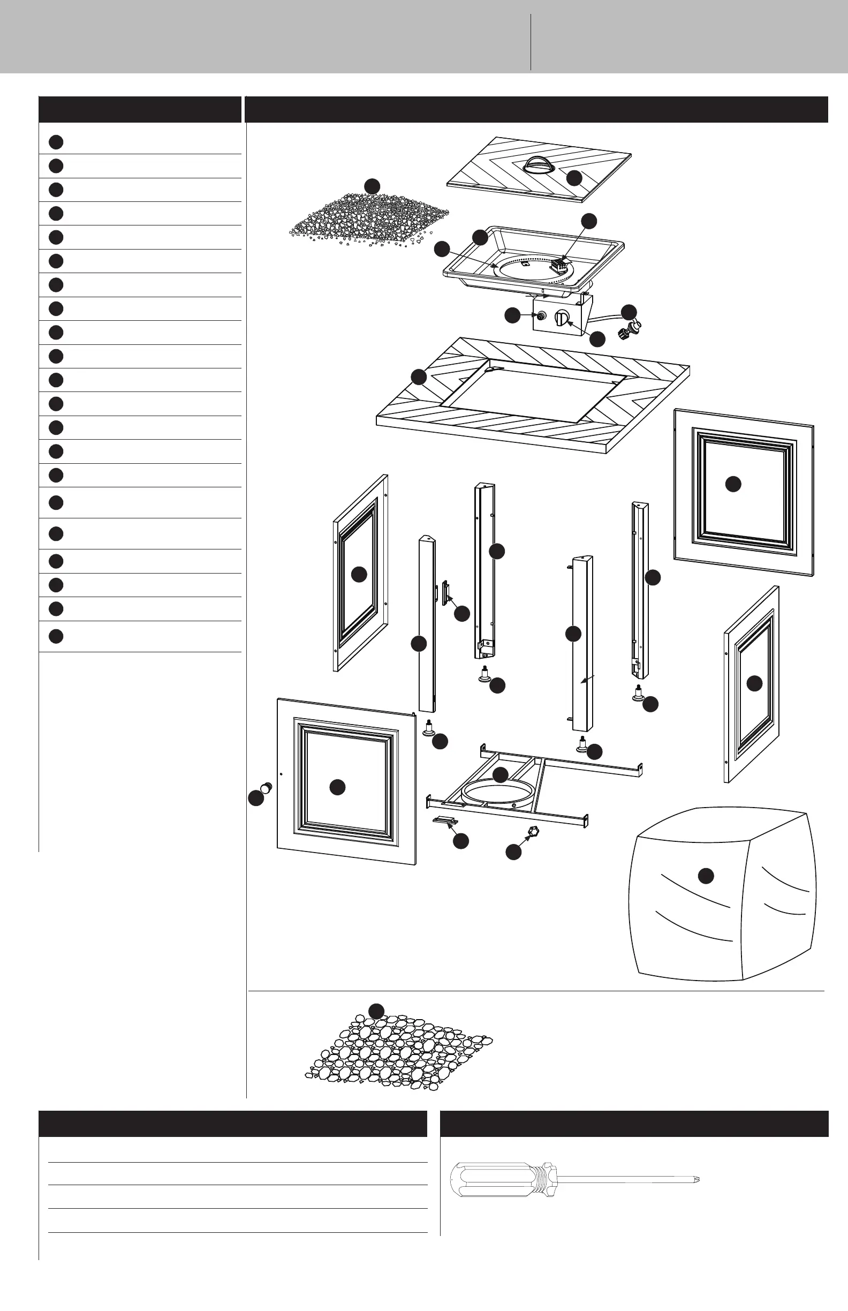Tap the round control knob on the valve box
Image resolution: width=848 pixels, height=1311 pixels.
561,319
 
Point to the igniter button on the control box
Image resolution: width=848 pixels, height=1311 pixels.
541,316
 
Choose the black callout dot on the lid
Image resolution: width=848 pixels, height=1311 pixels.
574,177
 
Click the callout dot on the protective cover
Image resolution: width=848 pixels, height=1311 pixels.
706,876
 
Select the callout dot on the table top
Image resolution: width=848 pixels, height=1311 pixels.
419,377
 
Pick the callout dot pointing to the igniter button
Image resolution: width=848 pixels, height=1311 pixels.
513,315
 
